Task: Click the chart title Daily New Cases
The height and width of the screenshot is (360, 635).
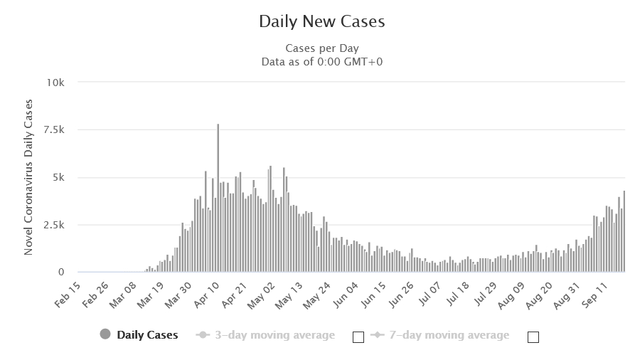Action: point(321,22)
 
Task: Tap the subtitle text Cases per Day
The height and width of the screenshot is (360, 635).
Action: point(321,48)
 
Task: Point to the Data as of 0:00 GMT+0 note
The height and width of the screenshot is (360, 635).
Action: point(321,61)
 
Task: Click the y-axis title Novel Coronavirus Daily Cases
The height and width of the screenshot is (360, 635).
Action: point(29,178)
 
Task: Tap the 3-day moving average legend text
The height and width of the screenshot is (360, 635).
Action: point(274,334)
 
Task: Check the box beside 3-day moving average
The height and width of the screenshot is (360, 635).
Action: point(358,337)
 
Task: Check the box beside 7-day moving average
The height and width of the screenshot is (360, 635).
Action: point(533,337)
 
